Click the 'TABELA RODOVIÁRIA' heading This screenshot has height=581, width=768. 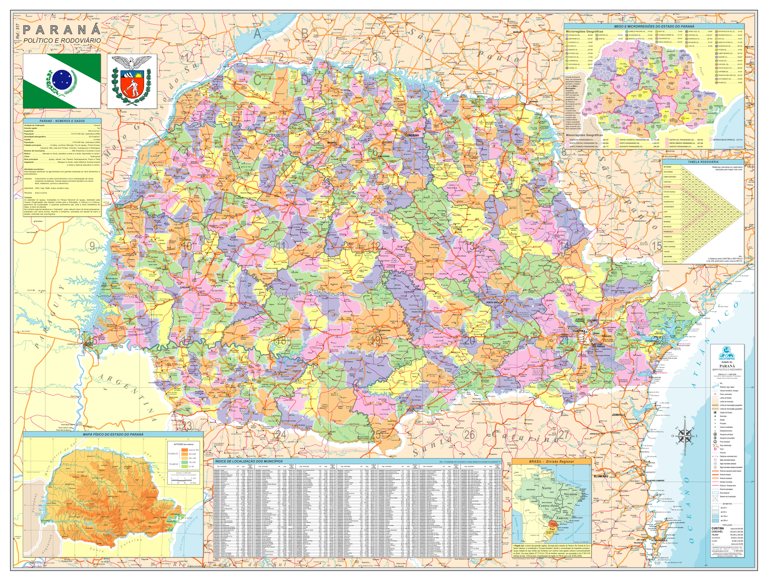703,162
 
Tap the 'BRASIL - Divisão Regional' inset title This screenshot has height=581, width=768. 551,462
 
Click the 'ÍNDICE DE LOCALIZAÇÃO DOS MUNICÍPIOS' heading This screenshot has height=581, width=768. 249,461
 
